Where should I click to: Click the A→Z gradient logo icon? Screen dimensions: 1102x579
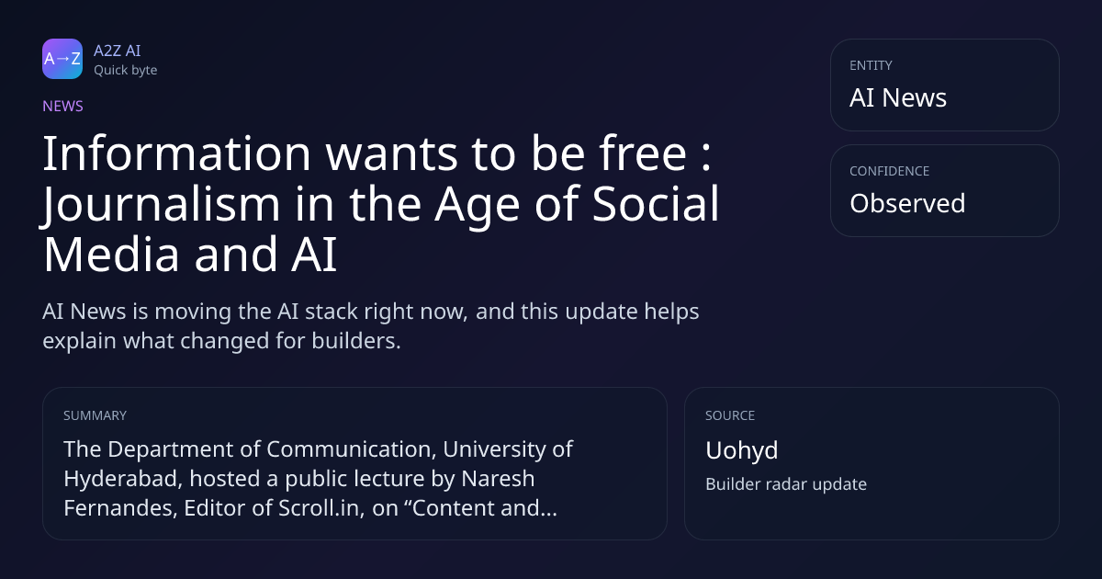62,59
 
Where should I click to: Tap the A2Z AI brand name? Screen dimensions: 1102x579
118,51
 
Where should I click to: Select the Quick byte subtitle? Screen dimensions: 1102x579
126,71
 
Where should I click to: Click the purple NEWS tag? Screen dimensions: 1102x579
63,106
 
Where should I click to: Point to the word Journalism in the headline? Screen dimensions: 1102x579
161,204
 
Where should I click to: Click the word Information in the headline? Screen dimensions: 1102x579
177,153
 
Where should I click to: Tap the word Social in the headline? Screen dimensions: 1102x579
656,204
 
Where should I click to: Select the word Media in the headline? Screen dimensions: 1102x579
111,254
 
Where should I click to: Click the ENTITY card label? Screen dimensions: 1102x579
871,65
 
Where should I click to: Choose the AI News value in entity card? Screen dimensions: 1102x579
898,97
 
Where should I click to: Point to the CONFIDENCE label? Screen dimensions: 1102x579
890,171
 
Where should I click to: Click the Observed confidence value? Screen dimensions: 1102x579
907,203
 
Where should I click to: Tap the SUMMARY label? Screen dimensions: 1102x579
95,415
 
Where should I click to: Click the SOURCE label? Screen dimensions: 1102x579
730,415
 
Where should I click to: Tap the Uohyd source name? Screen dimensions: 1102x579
742,450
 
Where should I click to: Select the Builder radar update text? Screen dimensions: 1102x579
786,484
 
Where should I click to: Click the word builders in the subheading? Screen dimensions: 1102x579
356,341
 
